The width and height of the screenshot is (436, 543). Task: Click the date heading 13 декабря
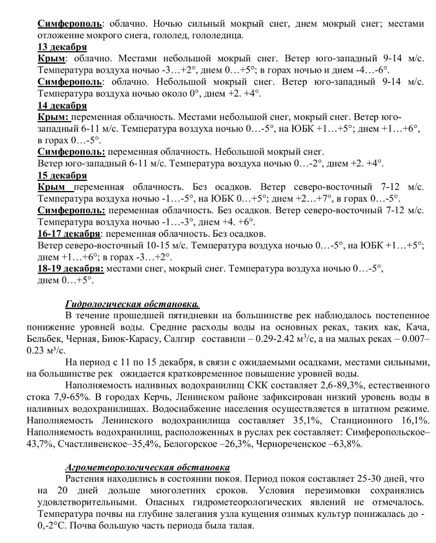coord(62,48)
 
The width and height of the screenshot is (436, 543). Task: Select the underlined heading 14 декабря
coord(62,106)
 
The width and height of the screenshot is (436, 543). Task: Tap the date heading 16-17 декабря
coord(69,234)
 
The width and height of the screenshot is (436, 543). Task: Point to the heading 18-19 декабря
coord(70,268)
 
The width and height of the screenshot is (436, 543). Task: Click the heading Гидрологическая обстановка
coord(132,304)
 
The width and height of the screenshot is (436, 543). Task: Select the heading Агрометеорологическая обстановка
coord(148,467)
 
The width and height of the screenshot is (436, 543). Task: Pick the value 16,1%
coord(414,420)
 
